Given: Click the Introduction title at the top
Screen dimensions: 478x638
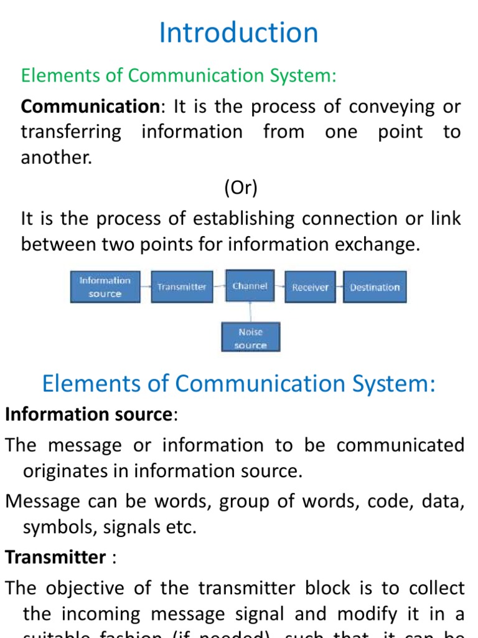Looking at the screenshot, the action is [238, 33].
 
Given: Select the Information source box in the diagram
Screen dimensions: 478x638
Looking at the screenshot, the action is [105, 287].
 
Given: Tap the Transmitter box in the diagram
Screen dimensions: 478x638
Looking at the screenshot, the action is [182, 287].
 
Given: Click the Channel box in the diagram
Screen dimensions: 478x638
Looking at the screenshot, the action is [250, 286].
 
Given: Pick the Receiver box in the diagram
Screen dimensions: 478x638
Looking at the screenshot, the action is [310, 287].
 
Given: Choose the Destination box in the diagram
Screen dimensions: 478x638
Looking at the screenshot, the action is [375, 287].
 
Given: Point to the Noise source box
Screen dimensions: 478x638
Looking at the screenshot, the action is [251, 338].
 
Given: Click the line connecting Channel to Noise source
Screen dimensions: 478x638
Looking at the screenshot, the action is [251, 312].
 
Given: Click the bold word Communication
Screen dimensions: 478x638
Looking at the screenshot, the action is [90, 107].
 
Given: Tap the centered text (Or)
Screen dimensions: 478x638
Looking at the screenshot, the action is [240, 188].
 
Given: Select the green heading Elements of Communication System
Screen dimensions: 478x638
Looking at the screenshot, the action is [179, 75].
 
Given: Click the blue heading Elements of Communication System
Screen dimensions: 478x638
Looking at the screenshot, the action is [238, 384].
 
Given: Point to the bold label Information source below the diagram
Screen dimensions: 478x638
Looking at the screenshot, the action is [88, 414].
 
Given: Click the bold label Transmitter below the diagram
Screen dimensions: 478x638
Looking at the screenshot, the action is [55, 557].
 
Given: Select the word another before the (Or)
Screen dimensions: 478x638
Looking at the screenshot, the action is [55, 158].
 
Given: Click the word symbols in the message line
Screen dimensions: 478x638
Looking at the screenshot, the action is [52, 528].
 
